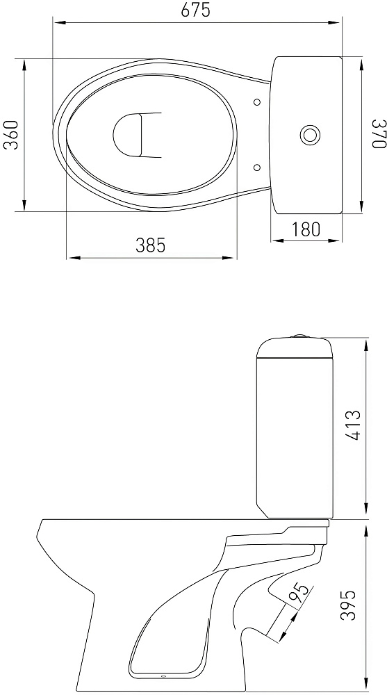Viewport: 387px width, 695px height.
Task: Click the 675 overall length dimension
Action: pyautogui.click(x=195, y=10)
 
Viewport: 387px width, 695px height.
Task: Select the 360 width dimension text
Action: pyautogui.click(x=12, y=135)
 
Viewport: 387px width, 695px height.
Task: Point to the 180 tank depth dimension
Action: pyautogui.click(x=306, y=229)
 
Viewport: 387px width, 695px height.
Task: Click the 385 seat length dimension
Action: pyautogui.click(x=150, y=245)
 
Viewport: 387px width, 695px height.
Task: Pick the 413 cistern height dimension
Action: pyautogui.click(x=354, y=426)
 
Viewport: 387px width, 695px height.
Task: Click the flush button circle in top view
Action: pyautogui.click(x=310, y=135)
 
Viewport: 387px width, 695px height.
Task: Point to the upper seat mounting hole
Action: pyautogui.click(x=257, y=102)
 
